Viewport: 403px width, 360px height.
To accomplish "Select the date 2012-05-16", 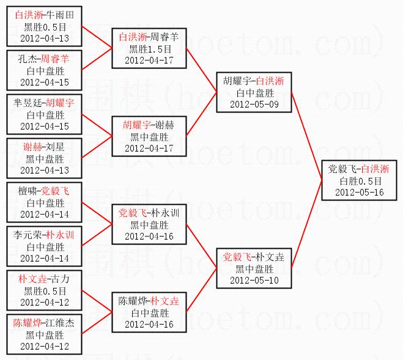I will click(360, 193).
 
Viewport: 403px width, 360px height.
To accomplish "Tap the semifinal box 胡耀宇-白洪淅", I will click(254, 92).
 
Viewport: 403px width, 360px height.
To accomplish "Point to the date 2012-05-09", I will click(254, 104).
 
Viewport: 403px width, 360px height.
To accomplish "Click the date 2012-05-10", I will click(254, 280).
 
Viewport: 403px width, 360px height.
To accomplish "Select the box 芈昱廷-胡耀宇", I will click(45, 114).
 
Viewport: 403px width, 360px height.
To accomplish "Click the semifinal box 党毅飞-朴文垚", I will click(254, 268).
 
